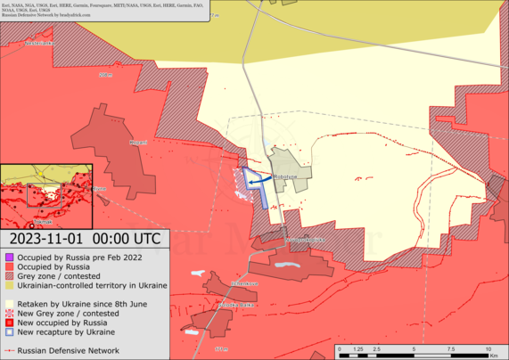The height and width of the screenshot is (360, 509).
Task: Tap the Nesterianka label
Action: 39,43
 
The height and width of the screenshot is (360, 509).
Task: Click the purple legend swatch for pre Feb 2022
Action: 9,257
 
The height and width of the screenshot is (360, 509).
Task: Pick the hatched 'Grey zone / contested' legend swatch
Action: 9,276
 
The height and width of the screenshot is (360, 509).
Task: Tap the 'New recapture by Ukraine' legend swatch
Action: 9,332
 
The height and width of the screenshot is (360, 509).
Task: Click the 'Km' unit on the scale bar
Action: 497,355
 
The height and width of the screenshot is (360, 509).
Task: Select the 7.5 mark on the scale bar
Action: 451,348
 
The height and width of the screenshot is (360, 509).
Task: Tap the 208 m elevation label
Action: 105,76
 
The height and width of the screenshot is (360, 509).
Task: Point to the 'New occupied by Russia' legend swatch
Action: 9,323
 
